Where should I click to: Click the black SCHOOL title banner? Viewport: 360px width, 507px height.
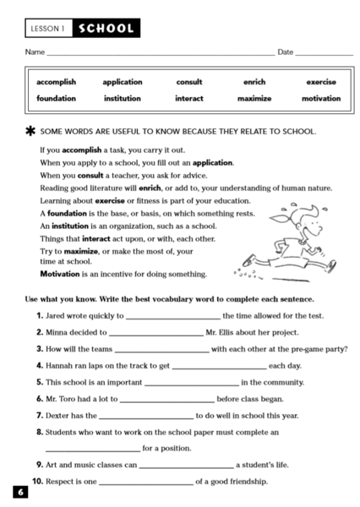(106, 29)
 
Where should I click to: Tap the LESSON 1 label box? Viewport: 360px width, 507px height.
(48, 29)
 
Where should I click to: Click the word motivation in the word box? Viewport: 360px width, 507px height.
(321, 98)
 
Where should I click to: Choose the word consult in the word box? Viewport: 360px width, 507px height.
(188, 82)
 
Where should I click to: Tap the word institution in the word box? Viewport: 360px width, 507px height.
(122, 98)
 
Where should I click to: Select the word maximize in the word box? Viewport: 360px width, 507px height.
(254, 98)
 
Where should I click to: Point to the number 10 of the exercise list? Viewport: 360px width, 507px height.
(37, 482)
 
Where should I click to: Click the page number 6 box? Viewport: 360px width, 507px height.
(19, 492)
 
